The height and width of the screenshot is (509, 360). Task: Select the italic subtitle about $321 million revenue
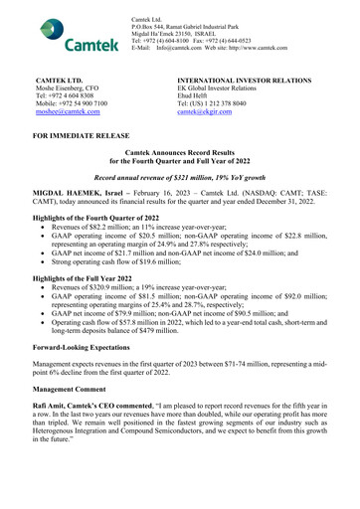coord(179,173)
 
